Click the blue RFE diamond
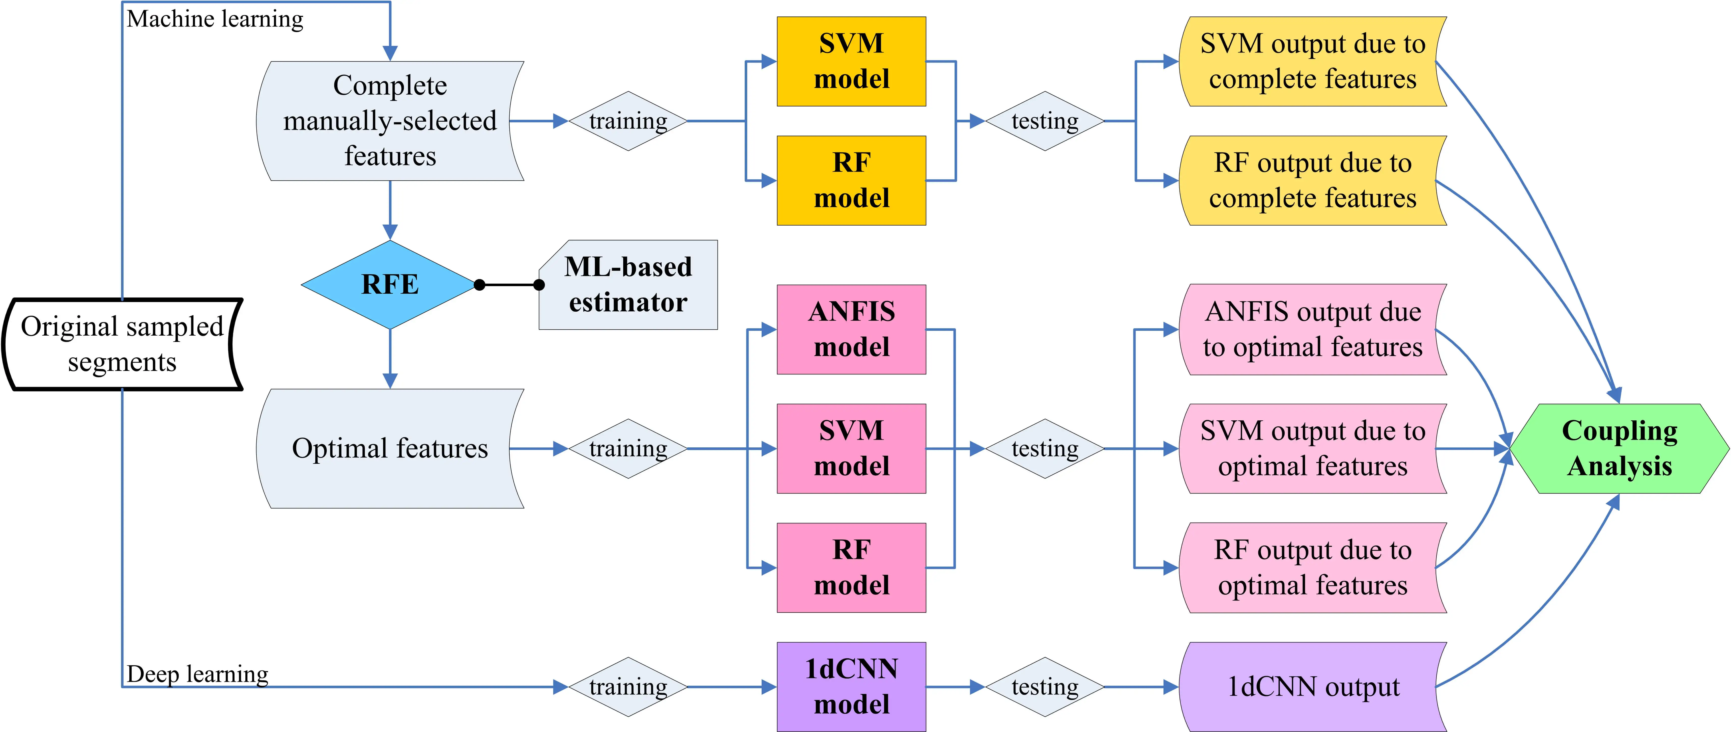tap(390, 284)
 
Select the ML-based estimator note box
tap(628, 284)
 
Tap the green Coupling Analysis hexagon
tap(1620, 448)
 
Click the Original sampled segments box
tap(122, 344)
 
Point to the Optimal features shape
tap(390, 448)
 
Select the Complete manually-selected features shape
tap(390, 121)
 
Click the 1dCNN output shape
tap(1312, 686)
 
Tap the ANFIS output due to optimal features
tap(1312, 329)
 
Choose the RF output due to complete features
tap(1312, 180)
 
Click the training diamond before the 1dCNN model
tap(628, 686)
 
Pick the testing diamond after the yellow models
tap(1045, 121)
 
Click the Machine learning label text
tap(215, 19)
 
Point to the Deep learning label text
tap(197, 673)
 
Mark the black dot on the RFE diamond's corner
tap(479, 285)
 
